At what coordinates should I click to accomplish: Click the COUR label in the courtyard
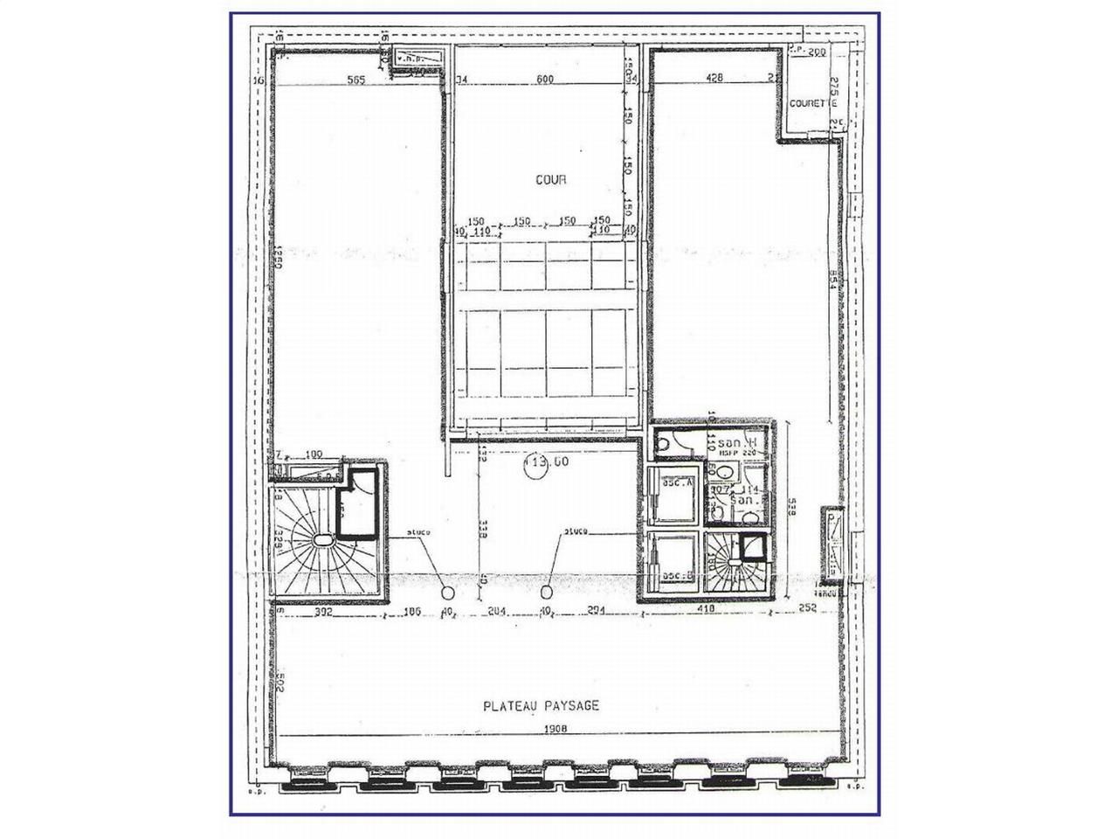(x=551, y=179)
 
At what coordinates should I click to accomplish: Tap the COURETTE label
(x=810, y=103)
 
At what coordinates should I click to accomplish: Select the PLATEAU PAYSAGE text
(x=542, y=705)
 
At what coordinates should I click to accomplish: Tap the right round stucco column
(x=548, y=590)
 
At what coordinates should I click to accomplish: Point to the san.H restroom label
(x=749, y=442)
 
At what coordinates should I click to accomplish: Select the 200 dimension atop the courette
(x=815, y=52)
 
